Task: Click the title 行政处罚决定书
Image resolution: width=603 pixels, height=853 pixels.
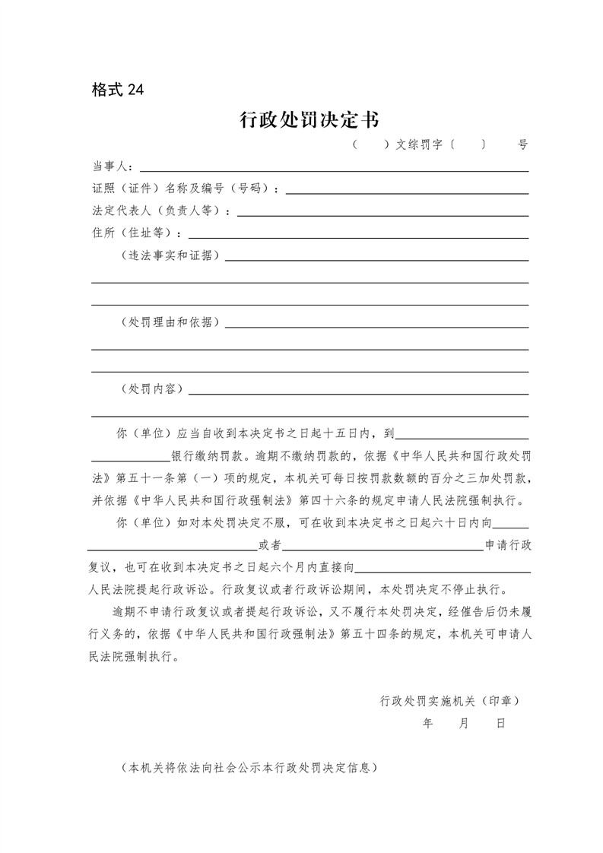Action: coord(309,120)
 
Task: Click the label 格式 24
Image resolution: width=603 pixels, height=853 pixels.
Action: coord(117,90)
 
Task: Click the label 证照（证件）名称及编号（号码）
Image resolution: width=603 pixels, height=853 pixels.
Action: coord(185,189)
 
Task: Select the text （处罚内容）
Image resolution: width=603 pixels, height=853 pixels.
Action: coord(152,388)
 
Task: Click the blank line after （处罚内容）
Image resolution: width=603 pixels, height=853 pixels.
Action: coord(357,392)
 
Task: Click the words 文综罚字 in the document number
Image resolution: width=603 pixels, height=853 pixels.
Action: coord(420,144)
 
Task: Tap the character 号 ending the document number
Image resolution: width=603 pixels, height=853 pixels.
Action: coord(522,144)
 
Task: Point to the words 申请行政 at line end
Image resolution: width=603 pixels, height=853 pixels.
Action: coord(507,545)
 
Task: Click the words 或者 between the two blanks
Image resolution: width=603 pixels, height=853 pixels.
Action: coord(270,545)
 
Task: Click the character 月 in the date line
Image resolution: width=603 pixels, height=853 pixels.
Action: coord(464,724)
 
